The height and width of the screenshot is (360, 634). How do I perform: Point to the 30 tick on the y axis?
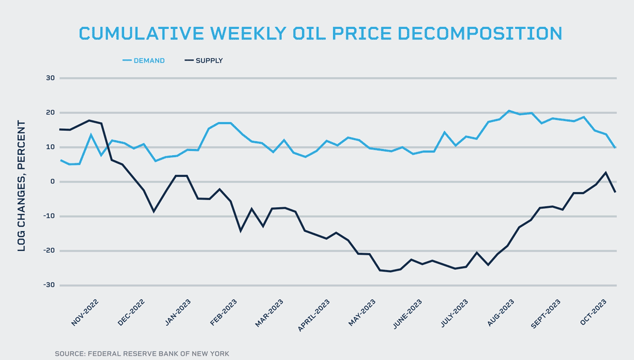[51, 78]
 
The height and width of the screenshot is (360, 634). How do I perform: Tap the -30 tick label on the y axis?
[49, 286]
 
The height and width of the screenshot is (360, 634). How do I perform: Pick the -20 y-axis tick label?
[49, 251]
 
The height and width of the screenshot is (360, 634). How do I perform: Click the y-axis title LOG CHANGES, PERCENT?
[21, 186]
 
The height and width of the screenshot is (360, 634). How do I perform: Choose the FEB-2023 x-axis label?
[223, 312]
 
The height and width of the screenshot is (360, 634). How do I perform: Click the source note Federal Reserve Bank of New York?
[142, 354]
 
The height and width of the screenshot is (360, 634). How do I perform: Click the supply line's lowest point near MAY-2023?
[390, 271]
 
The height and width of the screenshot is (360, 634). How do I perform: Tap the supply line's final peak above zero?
[606, 172]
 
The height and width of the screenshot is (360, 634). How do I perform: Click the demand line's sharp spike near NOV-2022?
[91, 135]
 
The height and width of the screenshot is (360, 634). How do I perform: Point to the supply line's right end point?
[615, 192]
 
